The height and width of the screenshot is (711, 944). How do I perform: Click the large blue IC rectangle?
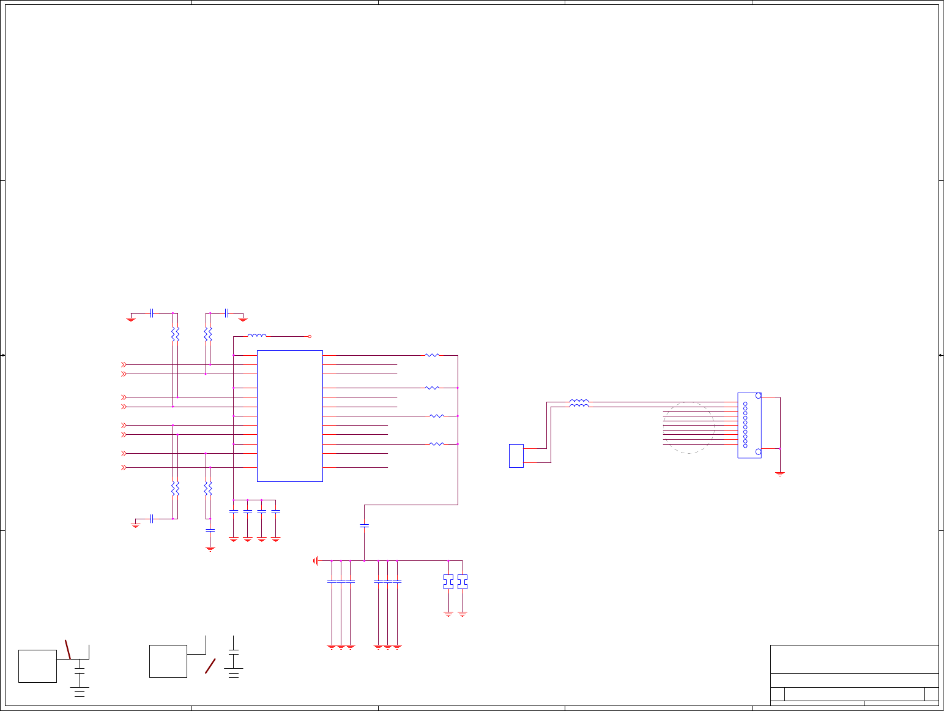[289, 416]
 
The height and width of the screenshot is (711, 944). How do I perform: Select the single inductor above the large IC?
[257, 336]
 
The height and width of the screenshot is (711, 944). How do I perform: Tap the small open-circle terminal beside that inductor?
[310, 336]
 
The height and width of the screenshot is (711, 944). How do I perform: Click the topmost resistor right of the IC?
[432, 355]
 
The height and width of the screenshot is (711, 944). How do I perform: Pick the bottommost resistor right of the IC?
[436, 444]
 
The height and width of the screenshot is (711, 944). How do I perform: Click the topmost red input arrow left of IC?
[124, 365]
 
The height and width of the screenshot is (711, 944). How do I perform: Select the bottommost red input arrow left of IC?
[124, 467]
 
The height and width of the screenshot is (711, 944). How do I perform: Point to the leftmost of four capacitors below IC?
[233, 511]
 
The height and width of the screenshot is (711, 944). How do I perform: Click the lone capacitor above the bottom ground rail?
[365, 525]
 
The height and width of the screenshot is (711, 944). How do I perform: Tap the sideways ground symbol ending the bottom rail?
[316, 560]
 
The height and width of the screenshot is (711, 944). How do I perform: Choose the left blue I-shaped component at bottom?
[448, 581]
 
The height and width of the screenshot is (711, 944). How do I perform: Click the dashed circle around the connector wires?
[689, 427]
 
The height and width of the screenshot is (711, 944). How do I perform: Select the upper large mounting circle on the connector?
[759, 396]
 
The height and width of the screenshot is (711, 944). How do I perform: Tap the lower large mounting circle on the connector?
[759, 452]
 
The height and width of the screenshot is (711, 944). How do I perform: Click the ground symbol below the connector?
[780, 473]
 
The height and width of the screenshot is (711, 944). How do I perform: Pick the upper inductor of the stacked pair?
[579, 402]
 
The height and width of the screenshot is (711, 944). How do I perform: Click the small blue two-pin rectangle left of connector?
[516, 456]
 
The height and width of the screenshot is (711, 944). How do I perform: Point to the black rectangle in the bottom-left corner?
[37, 666]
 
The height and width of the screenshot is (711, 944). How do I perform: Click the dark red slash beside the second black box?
[210, 666]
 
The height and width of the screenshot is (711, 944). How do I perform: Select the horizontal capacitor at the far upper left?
[151, 313]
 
